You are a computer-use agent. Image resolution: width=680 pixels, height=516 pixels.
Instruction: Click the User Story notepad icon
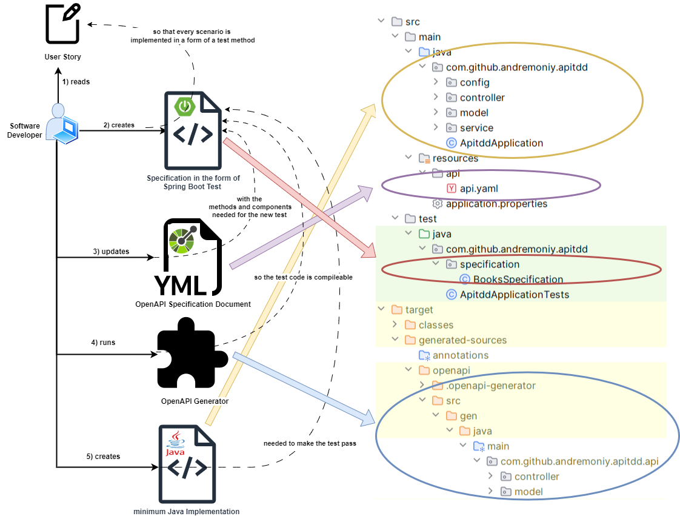pyautogui.click(x=63, y=24)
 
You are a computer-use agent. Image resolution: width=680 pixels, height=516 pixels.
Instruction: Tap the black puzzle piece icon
pyautogui.click(x=192, y=352)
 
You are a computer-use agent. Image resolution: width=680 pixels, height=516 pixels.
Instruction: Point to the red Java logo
pyautogui.click(x=175, y=444)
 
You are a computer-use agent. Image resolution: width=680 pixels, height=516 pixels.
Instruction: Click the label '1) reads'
pyautogui.click(x=76, y=82)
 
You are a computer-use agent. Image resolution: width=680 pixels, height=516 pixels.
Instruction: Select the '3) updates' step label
pyautogui.click(x=111, y=251)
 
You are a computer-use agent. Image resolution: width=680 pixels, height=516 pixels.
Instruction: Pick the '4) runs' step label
pyautogui.click(x=103, y=343)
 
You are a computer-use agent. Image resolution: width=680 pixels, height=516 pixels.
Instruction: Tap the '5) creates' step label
pyautogui.click(x=103, y=457)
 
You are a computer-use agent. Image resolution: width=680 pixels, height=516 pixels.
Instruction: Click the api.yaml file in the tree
pyautogui.click(x=472, y=189)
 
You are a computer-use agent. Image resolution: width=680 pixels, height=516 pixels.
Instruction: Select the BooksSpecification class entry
pyautogui.click(x=512, y=280)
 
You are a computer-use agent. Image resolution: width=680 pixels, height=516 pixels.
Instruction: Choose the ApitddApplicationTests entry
pyautogui.click(x=507, y=295)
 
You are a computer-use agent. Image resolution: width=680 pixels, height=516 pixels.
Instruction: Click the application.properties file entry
pyautogui.click(x=490, y=204)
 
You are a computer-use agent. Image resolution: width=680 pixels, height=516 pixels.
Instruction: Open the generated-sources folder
pyautogui.click(x=455, y=340)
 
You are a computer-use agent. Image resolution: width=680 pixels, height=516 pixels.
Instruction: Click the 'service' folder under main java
pyautogui.click(x=470, y=128)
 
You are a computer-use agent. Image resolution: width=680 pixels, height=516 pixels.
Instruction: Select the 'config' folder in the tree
pyautogui.click(x=468, y=82)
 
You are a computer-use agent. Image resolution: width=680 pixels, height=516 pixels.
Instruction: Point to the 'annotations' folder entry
pyautogui.click(x=453, y=355)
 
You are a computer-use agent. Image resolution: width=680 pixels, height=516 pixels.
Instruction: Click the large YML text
pyautogui.click(x=181, y=286)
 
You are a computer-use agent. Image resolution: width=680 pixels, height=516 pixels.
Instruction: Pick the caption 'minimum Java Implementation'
pyautogui.click(x=187, y=512)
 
